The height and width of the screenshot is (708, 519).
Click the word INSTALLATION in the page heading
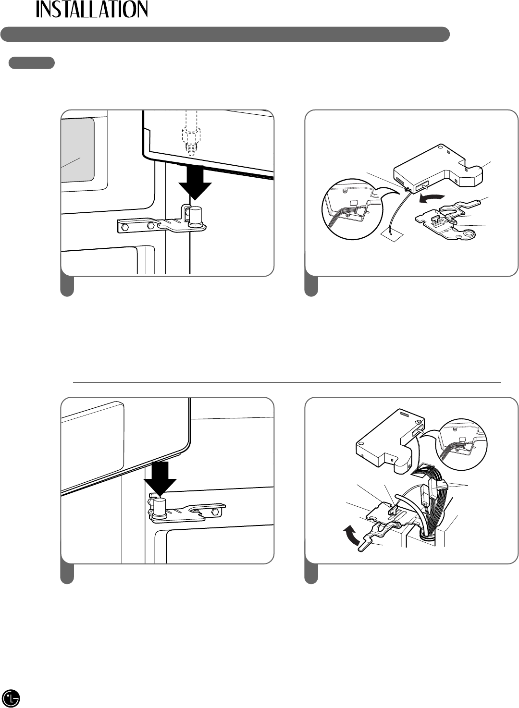(92, 9)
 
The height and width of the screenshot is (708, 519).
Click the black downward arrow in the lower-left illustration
(160, 479)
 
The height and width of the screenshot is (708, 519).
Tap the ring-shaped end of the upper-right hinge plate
(470, 234)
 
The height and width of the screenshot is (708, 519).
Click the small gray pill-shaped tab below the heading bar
(32, 63)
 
